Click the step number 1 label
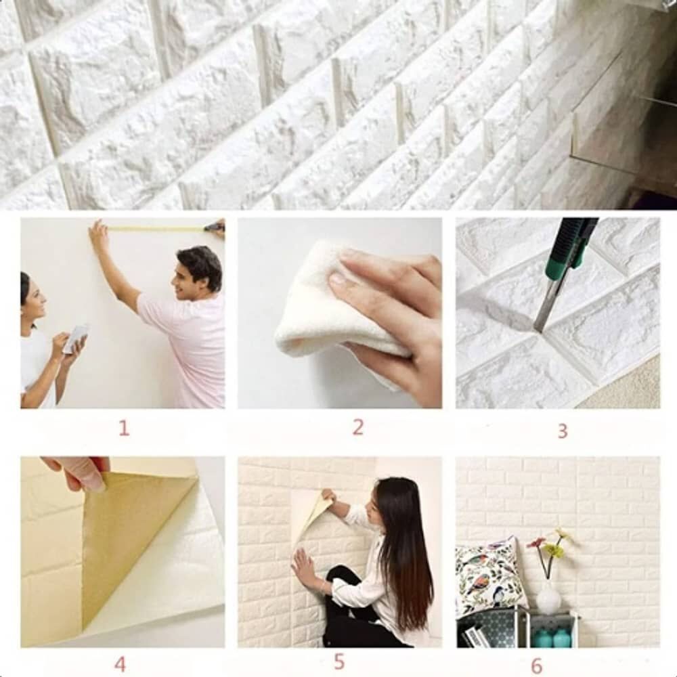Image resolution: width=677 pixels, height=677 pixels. (x=124, y=428)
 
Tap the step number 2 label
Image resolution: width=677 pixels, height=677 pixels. (x=357, y=427)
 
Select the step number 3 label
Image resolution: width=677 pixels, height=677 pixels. (x=562, y=430)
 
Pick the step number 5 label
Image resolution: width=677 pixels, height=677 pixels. (x=339, y=661)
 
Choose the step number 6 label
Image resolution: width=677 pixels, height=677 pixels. (x=536, y=665)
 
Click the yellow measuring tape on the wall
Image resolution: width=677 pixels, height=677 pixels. (x=156, y=229)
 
